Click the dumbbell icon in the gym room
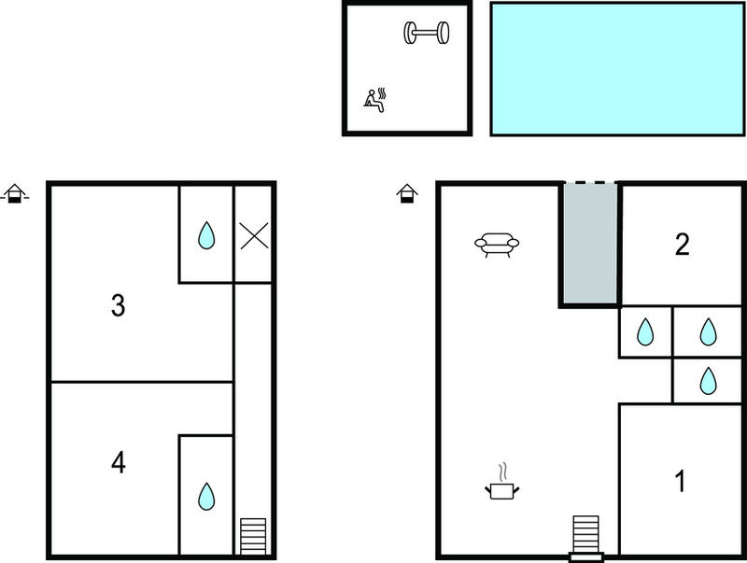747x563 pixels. [427, 33]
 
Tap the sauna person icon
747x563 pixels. [374, 100]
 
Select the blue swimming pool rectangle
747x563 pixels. [617, 69]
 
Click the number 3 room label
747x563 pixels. [119, 305]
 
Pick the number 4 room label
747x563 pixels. [119, 462]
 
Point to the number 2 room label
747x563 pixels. [683, 245]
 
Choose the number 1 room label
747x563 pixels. [681, 481]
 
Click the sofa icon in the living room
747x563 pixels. [497, 245]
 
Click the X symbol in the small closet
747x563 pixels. [254, 236]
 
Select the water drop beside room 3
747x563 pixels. [206, 235]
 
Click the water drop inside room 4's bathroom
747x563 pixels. [206, 497]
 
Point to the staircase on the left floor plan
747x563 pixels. [253, 536]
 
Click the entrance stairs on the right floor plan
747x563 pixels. [586, 538]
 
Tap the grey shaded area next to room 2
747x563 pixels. [590, 244]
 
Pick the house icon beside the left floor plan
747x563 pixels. [15, 193]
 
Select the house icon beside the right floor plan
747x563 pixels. [407, 193]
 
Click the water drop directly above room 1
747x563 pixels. [708, 381]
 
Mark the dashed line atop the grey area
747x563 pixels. [590, 182]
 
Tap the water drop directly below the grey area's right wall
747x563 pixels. [645, 331]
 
